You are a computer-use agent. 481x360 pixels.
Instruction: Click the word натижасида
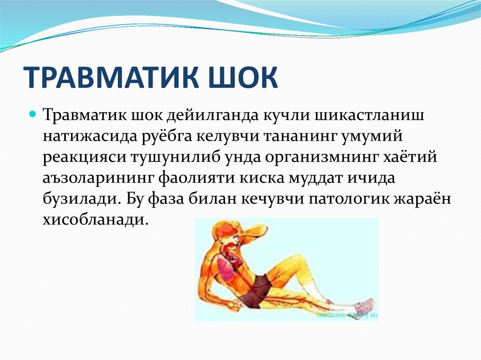pos(89,138)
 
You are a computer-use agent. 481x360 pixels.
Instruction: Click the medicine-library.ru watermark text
pos(346,316)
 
